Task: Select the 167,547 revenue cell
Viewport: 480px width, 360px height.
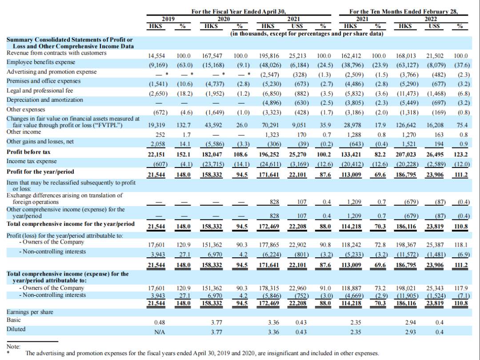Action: (x=212, y=56)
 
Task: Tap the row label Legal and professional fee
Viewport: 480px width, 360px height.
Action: (x=40, y=90)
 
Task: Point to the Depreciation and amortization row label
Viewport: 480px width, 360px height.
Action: (x=45, y=100)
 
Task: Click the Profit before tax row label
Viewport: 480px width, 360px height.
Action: (x=28, y=152)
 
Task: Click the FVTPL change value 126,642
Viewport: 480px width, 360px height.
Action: (x=405, y=125)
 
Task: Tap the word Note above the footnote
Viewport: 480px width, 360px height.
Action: (x=14, y=346)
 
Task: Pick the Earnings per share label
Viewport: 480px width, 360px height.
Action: (x=30, y=312)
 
